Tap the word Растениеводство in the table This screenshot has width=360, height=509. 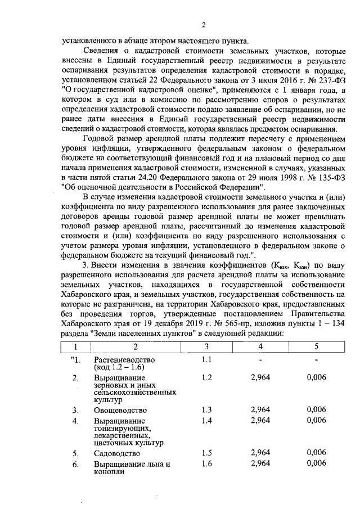(x=124, y=360)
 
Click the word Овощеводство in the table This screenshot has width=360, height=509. (x=120, y=410)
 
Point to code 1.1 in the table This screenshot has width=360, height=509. (x=206, y=359)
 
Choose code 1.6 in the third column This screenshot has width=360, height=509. (x=206, y=463)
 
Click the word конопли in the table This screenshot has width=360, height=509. (x=109, y=472)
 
